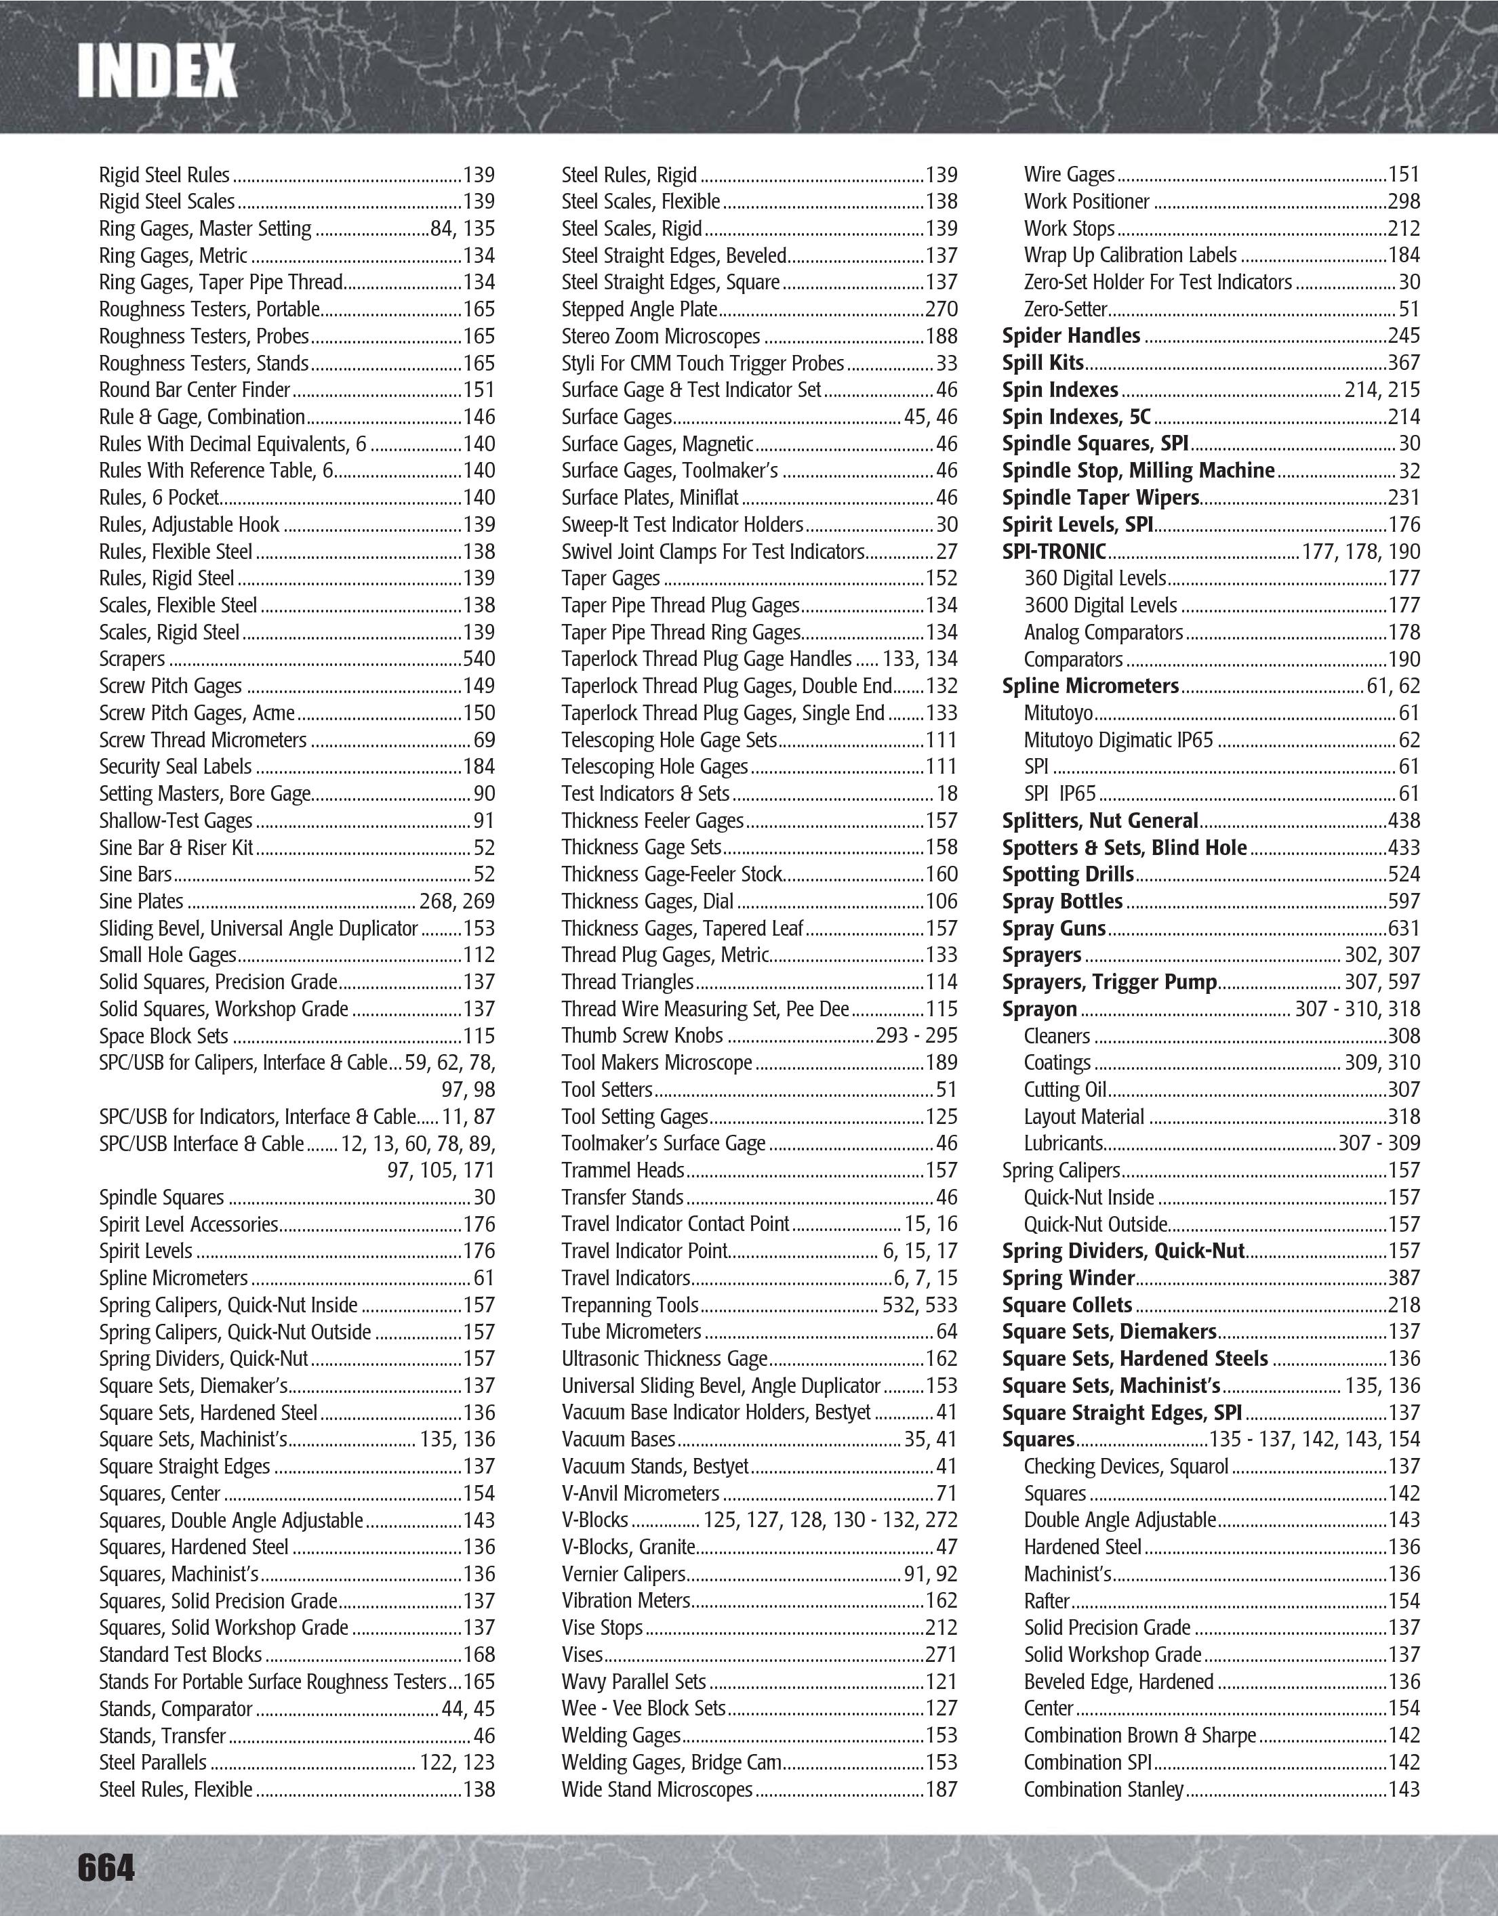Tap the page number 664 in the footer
tap(106, 1867)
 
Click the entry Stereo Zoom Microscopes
tap(660, 337)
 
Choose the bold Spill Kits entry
tap(1042, 363)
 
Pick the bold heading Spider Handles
tap(1070, 336)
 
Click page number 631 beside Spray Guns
tap(1403, 928)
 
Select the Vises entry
tap(582, 1655)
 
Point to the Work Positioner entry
tap(1087, 202)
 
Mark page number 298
tap(1403, 202)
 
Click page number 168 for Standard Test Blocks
tap(479, 1655)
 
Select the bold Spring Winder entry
tap(1068, 1278)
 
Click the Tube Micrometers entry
tap(631, 1332)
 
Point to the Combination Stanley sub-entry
tap(1103, 1790)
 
